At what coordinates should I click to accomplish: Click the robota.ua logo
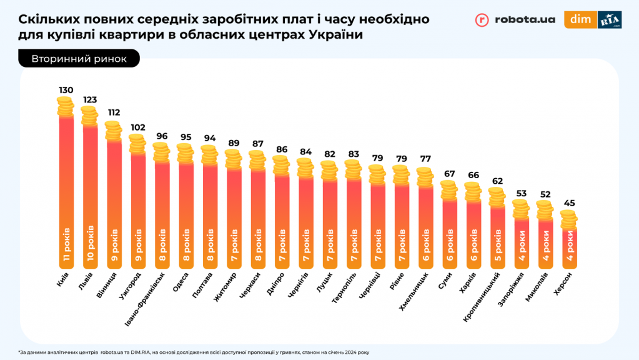click(515, 20)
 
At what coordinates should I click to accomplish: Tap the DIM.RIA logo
click(593, 20)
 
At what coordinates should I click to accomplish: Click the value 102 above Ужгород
click(137, 127)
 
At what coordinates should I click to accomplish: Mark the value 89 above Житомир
click(234, 142)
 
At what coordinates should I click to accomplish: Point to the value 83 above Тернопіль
click(353, 153)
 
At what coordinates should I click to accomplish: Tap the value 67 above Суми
click(448, 173)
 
